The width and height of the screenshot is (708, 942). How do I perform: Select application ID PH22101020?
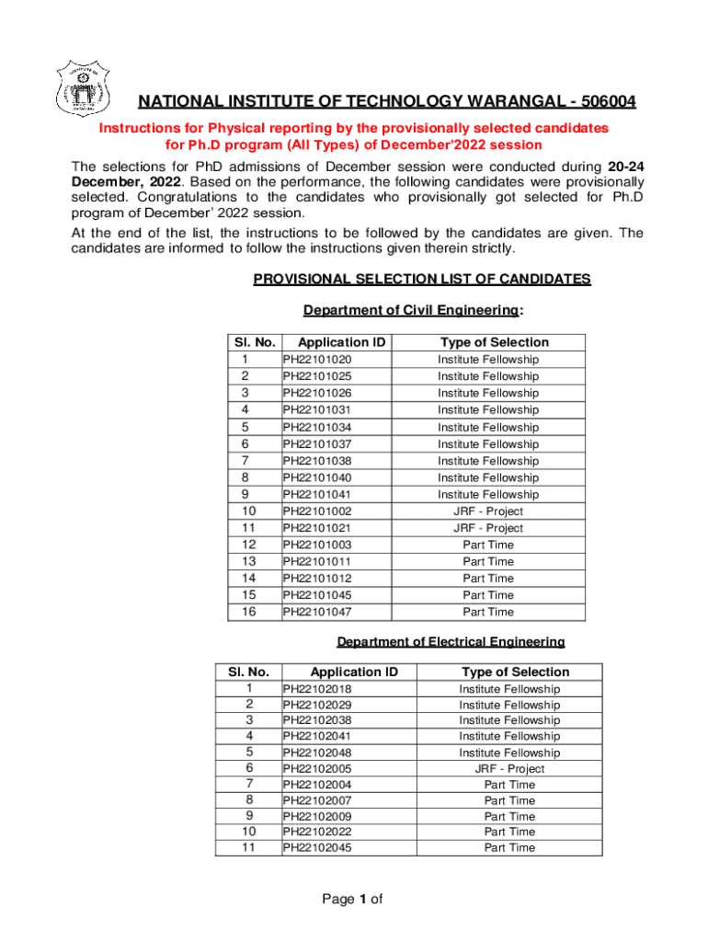click(x=317, y=360)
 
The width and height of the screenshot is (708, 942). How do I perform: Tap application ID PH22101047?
click(x=317, y=612)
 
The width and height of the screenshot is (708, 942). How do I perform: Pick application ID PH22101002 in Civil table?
click(x=317, y=511)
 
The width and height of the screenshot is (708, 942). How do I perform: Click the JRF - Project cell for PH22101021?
click(x=488, y=528)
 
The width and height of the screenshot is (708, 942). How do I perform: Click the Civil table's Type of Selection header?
click(x=494, y=342)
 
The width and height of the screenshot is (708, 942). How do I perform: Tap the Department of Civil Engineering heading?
click(x=413, y=311)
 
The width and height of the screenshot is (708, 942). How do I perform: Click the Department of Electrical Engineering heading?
click(x=451, y=641)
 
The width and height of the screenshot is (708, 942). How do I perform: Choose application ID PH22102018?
click(x=317, y=689)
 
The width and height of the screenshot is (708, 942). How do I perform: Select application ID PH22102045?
click(x=317, y=848)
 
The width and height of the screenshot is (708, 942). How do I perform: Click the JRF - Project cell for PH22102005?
click(x=509, y=769)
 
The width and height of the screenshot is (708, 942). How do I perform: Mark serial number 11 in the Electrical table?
click(x=248, y=848)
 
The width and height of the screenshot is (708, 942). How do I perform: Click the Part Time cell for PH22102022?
click(x=509, y=832)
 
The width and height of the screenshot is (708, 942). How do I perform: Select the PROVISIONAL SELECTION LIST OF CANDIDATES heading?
click(x=422, y=280)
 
